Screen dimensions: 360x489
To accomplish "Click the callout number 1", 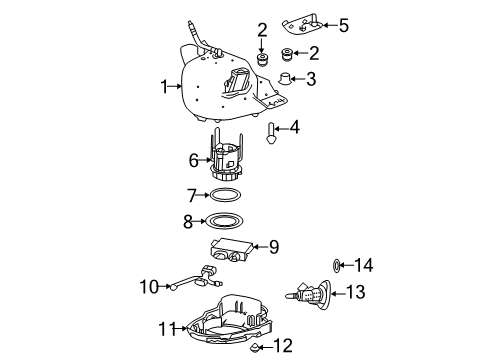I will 164,87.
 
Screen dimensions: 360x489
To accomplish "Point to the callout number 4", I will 294,127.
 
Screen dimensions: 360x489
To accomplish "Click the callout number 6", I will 195,158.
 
